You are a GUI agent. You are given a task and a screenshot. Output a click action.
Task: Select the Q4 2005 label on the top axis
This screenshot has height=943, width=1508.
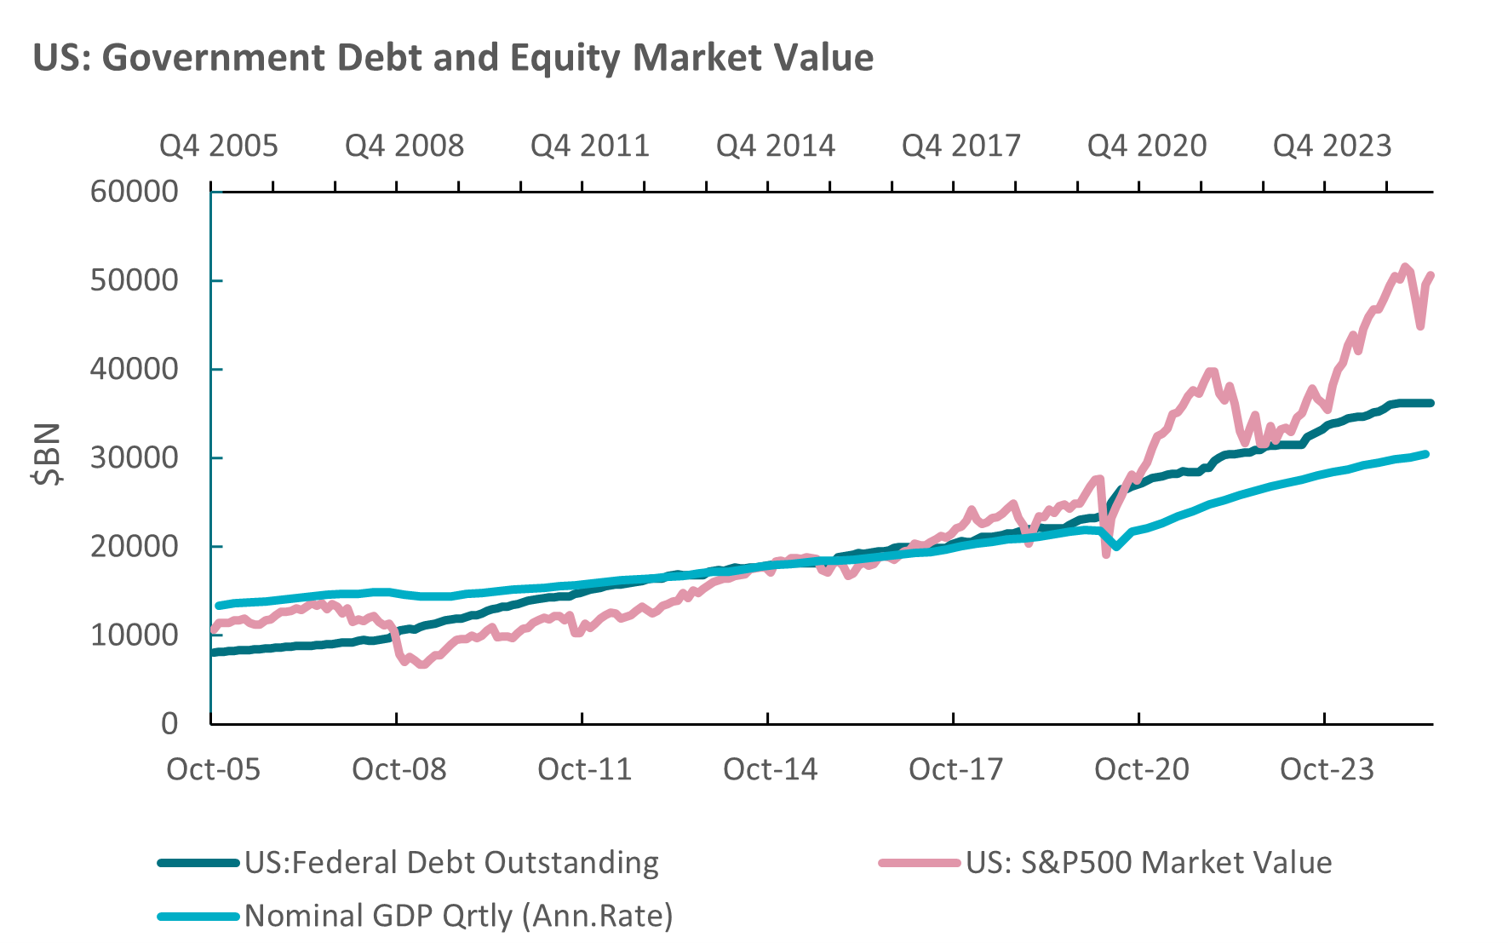[219, 146]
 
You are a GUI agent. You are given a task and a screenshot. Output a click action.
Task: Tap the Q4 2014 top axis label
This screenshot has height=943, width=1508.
[776, 146]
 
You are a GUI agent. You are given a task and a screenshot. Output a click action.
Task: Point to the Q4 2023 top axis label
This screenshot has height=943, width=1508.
[1333, 146]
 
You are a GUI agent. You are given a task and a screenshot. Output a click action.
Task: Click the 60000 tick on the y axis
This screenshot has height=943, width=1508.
[135, 192]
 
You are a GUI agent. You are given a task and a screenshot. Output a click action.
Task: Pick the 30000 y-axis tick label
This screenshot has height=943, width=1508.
[135, 457]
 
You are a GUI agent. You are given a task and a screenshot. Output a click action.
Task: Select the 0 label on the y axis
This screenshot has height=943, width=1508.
[169, 723]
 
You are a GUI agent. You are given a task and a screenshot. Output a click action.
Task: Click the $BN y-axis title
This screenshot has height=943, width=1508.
[47, 453]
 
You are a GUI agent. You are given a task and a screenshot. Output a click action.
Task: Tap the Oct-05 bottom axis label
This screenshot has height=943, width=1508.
[214, 769]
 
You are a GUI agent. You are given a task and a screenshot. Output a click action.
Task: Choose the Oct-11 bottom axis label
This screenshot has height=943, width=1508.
[585, 769]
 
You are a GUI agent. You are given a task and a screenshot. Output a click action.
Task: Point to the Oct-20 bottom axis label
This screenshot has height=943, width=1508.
[1142, 769]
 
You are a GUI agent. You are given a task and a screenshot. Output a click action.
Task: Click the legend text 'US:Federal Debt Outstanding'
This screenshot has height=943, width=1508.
[451, 863]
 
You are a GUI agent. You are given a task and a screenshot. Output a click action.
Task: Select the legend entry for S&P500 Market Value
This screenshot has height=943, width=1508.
[1149, 863]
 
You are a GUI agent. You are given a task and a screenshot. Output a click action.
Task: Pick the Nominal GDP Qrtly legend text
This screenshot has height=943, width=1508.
[458, 916]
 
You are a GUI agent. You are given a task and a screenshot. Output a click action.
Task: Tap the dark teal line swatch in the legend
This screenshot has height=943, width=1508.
[198, 864]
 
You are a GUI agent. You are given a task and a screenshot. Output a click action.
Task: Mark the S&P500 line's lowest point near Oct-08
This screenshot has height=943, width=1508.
[422, 664]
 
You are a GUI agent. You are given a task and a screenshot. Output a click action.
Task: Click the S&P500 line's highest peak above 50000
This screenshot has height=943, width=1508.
[1405, 267]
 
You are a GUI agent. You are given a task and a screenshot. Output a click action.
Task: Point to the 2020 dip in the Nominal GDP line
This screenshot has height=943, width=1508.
[1116, 546]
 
